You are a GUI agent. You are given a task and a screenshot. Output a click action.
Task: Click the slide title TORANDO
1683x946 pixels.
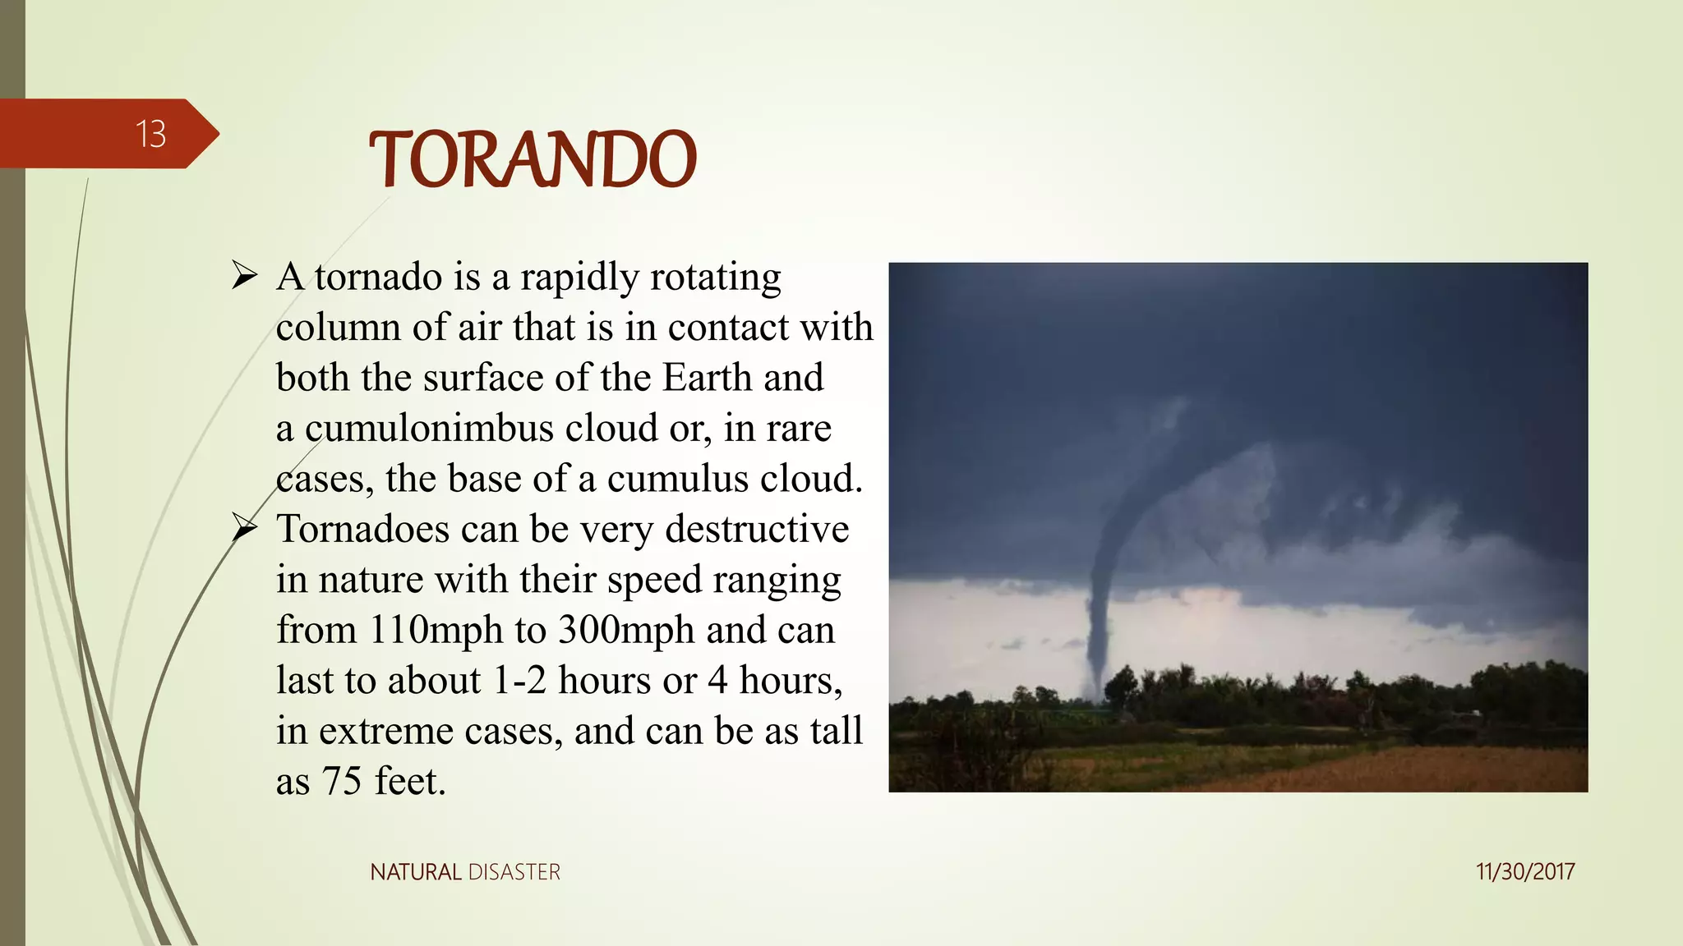(533, 159)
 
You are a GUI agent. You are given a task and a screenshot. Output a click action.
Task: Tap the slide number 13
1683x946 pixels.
(150, 134)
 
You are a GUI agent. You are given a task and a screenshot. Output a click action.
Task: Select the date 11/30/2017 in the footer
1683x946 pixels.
(1524, 871)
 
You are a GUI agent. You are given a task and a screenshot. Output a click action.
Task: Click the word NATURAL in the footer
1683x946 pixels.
(416, 872)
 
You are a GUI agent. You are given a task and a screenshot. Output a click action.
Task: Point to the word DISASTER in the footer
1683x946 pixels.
(514, 872)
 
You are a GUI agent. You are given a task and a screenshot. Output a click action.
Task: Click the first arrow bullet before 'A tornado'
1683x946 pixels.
(245, 276)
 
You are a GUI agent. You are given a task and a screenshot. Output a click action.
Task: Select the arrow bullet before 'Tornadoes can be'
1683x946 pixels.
(245, 527)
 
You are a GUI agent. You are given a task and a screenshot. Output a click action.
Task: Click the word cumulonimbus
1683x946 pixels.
(429, 429)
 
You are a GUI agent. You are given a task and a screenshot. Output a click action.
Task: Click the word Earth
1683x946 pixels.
(707, 378)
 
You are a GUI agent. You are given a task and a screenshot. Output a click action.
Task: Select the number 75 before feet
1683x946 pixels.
(341, 781)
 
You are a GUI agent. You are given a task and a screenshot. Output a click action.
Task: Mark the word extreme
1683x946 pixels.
(385, 731)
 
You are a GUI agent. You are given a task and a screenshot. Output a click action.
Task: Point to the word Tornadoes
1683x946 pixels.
(362, 529)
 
